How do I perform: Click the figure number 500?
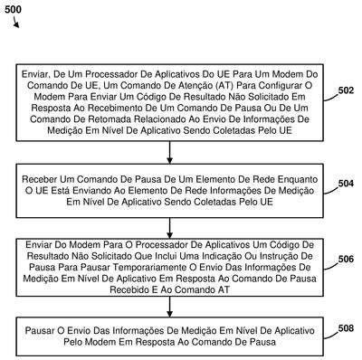click(13, 9)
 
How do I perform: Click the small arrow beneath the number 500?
click(16, 23)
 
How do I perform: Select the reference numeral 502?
click(346, 90)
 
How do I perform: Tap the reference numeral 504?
click(346, 184)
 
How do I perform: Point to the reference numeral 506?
click(346, 259)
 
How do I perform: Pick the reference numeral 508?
click(346, 328)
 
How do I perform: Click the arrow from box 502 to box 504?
click(169, 152)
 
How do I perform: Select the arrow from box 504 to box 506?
click(169, 228)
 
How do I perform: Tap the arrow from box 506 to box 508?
click(169, 307)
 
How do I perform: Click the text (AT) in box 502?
click(224, 85)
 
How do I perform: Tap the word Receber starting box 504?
click(40, 179)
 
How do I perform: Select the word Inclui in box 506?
click(166, 256)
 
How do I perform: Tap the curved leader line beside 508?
click(330, 335)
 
